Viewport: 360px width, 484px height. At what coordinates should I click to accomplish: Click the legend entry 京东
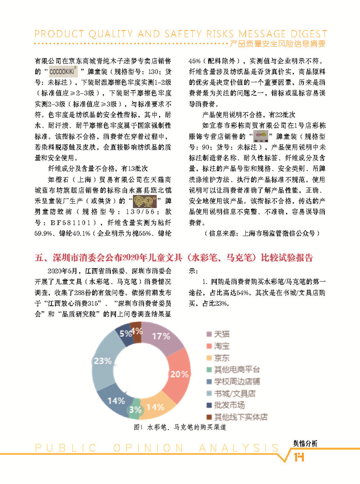coord(222,358)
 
